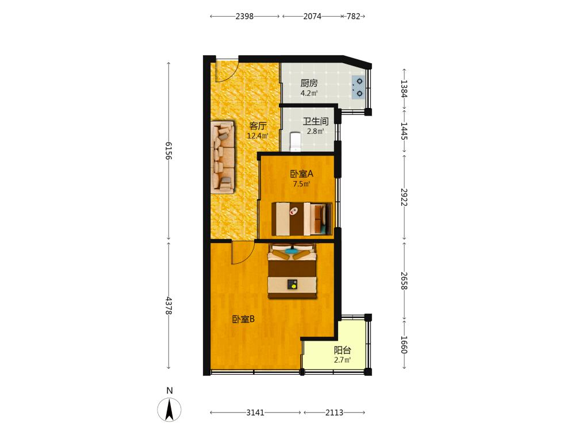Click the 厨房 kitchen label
tap(309, 83)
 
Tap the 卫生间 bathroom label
tap(315, 121)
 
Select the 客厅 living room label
tap(258, 126)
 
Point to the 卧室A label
tap(301, 174)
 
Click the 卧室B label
tap(243, 319)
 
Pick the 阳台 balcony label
tap(342, 351)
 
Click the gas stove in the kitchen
tap(358, 87)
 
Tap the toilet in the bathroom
tap(295, 142)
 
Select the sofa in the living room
tap(223, 157)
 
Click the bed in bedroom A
tap(302, 219)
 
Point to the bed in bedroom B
tap(292, 271)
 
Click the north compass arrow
tap(169, 409)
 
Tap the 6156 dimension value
tap(168, 151)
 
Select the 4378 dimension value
tap(168, 306)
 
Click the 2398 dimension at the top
tap(244, 16)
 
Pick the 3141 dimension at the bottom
tap(255, 413)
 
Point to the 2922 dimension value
tap(404, 198)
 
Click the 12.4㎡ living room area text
tap(258, 136)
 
